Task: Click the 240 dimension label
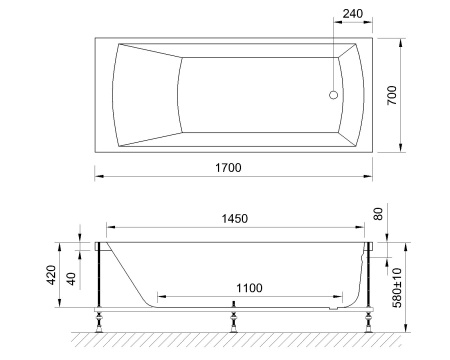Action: point(351,15)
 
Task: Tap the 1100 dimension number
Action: point(249,288)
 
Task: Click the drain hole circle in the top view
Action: point(334,96)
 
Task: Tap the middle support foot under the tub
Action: point(234,320)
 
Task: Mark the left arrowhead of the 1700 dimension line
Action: point(98,176)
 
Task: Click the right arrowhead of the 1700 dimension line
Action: point(371,176)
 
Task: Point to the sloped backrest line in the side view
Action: point(128,270)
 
